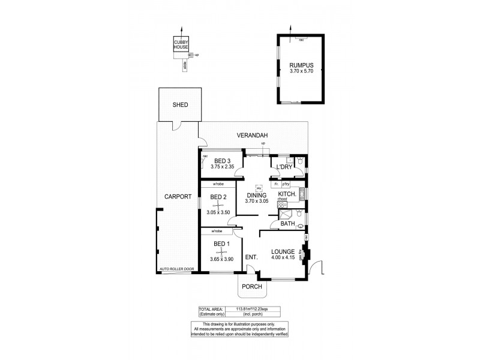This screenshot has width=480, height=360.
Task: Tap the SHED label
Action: pyautogui.click(x=180, y=105)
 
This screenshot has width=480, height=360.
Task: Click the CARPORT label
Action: pyautogui.click(x=178, y=196)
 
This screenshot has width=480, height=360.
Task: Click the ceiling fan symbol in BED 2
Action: pyautogui.click(x=218, y=205)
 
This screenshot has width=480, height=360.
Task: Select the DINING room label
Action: pyautogui.click(x=256, y=194)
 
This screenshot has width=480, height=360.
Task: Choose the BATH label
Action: pyautogui.click(x=287, y=224)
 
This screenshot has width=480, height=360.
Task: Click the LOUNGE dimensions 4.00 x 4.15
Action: pyautogui.click(x=282, y=259)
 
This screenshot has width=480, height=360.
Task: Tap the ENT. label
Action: pyautogui.click(x=251, y=257)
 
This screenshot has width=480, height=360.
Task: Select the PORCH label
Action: pyautogui.click(x=252, y=286)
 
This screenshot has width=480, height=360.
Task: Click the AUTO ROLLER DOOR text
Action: pyautogui.click(x=177, y=269)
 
